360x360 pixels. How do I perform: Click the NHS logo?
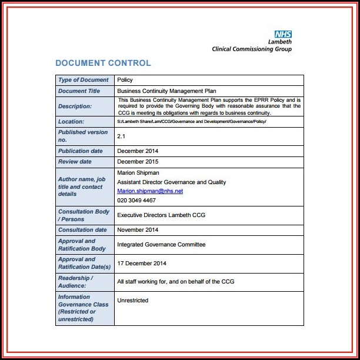pos(283,35)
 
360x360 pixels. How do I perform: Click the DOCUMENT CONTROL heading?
pos(103,63)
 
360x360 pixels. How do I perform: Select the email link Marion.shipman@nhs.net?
pos(150,191)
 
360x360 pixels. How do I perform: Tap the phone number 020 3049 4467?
pos(136,201)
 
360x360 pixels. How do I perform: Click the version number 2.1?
pos(122,136)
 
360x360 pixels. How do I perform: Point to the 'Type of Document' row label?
pos(83,80)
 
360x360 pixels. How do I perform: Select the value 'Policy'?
pos(125,80)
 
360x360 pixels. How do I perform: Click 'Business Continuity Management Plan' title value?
pos(166,91)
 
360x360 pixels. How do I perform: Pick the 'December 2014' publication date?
pos(139,151)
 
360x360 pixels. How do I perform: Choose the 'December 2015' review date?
pos(139,162)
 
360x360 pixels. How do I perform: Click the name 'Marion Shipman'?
pos(138,173)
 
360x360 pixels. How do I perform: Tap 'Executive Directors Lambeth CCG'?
pos(161,216)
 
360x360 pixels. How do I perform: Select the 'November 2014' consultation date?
pos(138,230)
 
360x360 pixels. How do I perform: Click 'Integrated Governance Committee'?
pos(161,245)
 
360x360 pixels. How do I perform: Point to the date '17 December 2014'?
pos(142,263)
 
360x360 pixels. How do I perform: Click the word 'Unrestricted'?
pos(133,301)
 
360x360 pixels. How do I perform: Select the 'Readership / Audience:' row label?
pos(76,282)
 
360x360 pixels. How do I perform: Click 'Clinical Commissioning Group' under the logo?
pos(252,49)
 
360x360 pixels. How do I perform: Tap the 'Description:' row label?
pos(75,106)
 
